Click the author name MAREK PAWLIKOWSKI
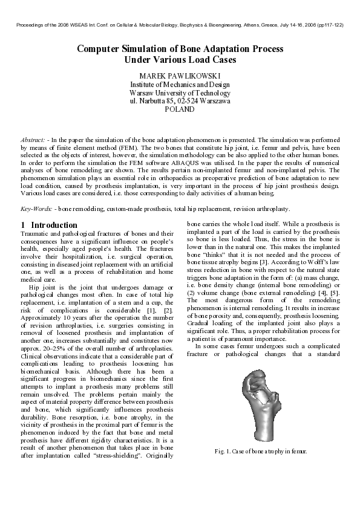[x=180, y=76]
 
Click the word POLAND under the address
[x=180, y=110]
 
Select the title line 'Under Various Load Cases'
[x=180, y=60]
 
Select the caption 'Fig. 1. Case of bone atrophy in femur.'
[x=261, y=452]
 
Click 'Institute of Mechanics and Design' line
[x=180, y=85]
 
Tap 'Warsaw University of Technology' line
[x=180, y=93]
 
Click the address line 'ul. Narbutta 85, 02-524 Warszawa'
[x=180, y=102]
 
